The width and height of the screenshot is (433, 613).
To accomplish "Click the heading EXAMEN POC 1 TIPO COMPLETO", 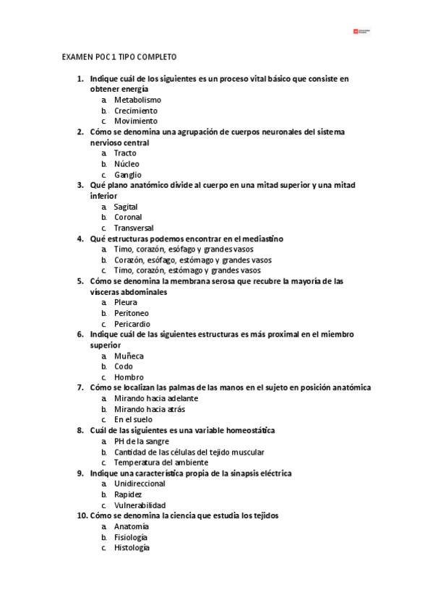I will [119, 56].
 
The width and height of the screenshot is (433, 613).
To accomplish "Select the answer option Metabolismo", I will [137, 100].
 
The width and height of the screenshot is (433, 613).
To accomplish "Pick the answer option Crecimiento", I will [135, 111].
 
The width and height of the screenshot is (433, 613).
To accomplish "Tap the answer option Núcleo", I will [127, 164].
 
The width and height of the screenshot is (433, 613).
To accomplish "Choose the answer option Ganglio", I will [127, 175].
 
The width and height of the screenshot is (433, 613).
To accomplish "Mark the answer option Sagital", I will [126, 207].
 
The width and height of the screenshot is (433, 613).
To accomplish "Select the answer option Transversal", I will [133, 228].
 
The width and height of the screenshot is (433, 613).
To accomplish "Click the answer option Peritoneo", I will [132, 314].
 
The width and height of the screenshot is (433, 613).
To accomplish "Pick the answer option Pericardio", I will [132, 324].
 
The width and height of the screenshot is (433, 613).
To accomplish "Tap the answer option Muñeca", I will [129, 356].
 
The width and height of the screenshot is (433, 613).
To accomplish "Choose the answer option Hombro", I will [129, 377].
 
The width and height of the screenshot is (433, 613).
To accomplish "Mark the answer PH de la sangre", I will [142, 441].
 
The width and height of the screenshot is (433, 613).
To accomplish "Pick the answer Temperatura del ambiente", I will [161, 462].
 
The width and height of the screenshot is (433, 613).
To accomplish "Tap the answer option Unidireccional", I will [140, 484].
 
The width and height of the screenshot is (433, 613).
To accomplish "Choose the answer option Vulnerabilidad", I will [140, 505].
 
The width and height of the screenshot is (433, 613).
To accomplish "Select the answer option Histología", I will [132, 548].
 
